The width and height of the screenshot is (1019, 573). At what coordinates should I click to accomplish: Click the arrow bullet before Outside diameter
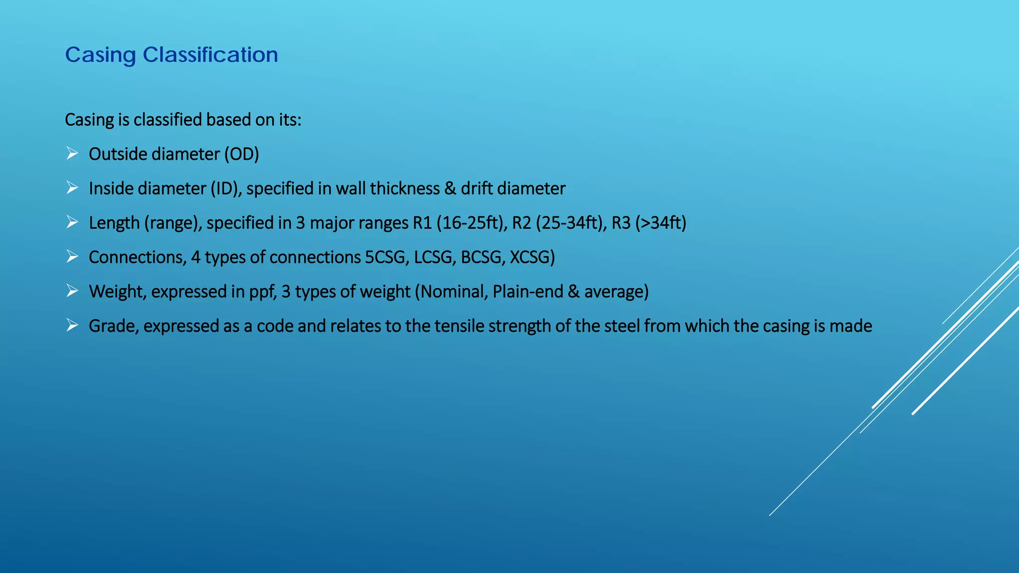point(72,153)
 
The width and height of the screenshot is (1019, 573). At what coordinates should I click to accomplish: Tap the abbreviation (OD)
point(241,154)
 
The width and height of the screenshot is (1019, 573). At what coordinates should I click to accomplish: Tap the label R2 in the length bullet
point(521,223)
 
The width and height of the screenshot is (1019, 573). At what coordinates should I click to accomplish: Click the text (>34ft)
point(661,223)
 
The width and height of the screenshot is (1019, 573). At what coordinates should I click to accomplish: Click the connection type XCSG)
point(532,257)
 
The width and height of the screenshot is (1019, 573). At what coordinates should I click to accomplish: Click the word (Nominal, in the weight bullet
point(451,291)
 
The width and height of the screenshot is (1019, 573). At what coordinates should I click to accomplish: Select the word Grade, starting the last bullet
point(113,326)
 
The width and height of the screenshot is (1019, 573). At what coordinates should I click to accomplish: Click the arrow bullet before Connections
point(72,257)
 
